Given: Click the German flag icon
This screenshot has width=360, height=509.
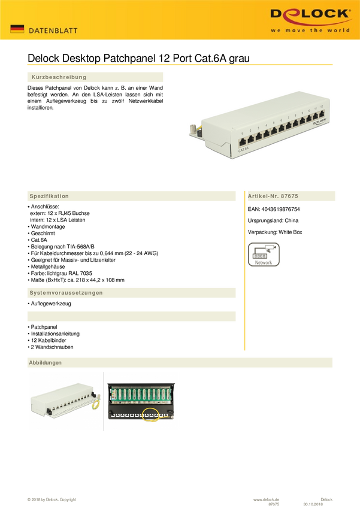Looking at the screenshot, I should pyautogui.click(x=17, y=29).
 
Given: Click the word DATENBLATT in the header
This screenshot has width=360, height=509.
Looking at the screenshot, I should pyautogui.click(x=53, y=30).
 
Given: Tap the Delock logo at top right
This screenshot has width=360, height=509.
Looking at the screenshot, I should pyautogui.click(x=309, y=14).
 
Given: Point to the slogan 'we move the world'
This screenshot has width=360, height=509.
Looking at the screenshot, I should pyautogui.click(x=310, y=30).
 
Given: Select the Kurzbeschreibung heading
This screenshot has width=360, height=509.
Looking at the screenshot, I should pyautogui.click(x=59, y=77).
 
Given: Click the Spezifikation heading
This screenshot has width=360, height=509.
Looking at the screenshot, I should pyautogui.click(x=50, y=196).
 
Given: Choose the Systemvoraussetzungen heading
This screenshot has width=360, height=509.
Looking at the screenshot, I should pyautogui.click(x=66, y=293).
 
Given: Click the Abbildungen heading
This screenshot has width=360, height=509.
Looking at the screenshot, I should pyautogui.click(x=46, y=363).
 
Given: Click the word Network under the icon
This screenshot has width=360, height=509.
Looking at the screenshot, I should pyautogui.click(x=264, y=262).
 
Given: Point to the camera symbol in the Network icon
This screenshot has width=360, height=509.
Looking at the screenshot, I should pyautogui.click(x=273, y=247).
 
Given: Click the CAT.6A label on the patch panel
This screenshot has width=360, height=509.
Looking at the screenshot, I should pyautogui.click(x=243, y=150).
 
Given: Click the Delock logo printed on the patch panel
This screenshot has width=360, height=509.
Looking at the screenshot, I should pyautogui.click(x=318, y=122).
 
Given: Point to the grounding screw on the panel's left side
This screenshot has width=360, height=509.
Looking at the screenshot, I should pyautogui.click(x=194, y=128).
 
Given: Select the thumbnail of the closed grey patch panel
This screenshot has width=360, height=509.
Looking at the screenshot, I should pyautogui.click(x=65, y=401).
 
